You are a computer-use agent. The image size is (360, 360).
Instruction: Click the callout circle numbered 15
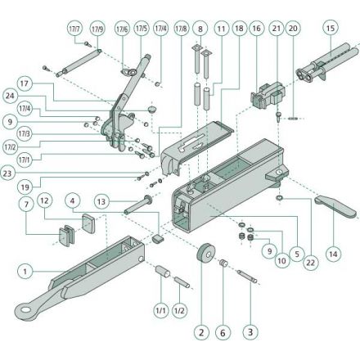331,28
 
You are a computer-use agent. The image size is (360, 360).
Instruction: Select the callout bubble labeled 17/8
182,29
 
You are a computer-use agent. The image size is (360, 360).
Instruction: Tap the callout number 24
10,96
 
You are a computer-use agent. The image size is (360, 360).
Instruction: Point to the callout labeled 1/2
179,311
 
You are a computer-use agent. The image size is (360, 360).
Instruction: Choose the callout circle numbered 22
311,263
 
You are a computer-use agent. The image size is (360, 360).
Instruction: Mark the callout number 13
101,202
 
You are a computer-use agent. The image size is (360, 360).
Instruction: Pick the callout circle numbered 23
7,173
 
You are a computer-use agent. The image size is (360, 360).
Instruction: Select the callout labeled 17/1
25,160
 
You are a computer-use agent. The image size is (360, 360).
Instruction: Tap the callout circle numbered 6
223,332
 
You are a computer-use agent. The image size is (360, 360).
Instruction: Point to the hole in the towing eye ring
25,309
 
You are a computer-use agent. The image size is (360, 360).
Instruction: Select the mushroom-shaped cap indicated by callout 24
152,110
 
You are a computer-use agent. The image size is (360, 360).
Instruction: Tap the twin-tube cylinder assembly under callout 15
326,63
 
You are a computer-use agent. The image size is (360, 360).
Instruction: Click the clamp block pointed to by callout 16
268,96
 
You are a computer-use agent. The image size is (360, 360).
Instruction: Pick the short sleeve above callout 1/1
163,272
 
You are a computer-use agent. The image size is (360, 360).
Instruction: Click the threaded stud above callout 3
247,276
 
